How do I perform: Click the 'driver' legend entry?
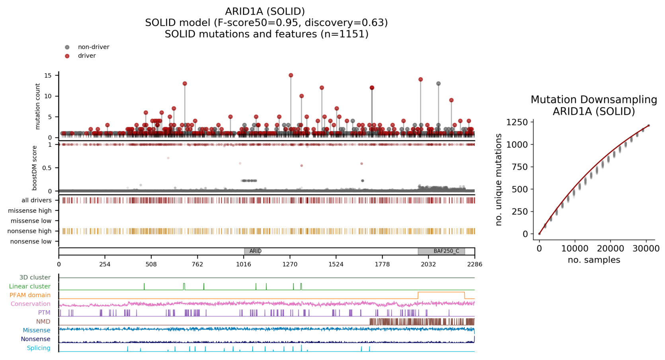click(x=86, y=56)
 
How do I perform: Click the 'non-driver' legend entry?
click(x=93, y=47)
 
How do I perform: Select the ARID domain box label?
click(x=255, y=251)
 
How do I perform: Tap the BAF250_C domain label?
click(x=446, y=251)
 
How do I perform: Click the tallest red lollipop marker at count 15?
click(x=291, y=75)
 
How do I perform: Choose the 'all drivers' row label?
click(x=36, y=200)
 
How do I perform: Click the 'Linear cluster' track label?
click(x=29, y=286)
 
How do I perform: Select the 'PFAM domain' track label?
click(x=30, y=295)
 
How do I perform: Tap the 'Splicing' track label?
click(x=39, y=348)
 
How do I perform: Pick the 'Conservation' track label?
click(x=30, y=304)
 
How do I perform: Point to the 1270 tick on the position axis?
click(x=290, y=264)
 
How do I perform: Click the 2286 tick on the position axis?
click(x=474, y=264)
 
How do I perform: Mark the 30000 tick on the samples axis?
click(x=646, y=249)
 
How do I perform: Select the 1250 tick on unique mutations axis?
click(x=517, y=122)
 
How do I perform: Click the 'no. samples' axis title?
click(x=594, y=260)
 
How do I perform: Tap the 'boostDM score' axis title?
click(x=35, y=167)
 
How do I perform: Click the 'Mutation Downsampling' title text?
click(x=594, y=99)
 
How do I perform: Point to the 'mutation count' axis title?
click(x=38, y=106)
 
